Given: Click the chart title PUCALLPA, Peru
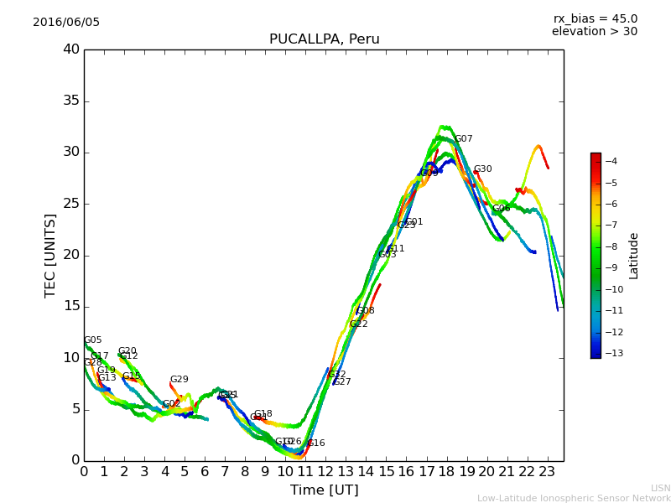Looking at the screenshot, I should coord(324,39).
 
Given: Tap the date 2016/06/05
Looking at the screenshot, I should coord(66,23).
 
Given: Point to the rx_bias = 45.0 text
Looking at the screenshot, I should coord(595,18).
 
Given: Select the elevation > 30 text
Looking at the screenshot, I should coord(594,32).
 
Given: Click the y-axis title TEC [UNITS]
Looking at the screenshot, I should coord(50,255).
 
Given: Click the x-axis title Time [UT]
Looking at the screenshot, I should coord(324,490).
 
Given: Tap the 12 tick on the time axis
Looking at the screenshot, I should coord(325,472).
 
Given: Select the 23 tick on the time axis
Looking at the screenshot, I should coord(547,472).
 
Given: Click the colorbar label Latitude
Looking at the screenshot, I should coord(634,256).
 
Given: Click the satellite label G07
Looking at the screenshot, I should coord(464,139).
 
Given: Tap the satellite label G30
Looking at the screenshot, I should coord(483,169).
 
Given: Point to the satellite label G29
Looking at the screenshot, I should coord(179,380).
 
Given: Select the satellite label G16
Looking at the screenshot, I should coord(316,443).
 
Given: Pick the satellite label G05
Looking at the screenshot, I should coord(93,340).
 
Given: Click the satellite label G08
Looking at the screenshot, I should coord(366,311).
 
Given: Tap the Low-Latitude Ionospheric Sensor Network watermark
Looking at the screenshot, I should coord(574,499).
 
